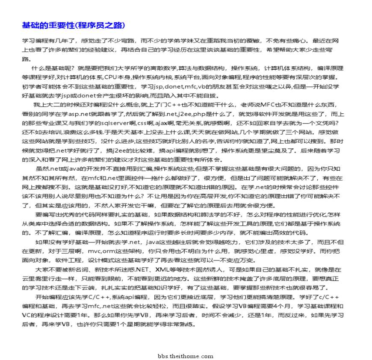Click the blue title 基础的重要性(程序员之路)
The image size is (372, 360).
click(74, 25)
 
